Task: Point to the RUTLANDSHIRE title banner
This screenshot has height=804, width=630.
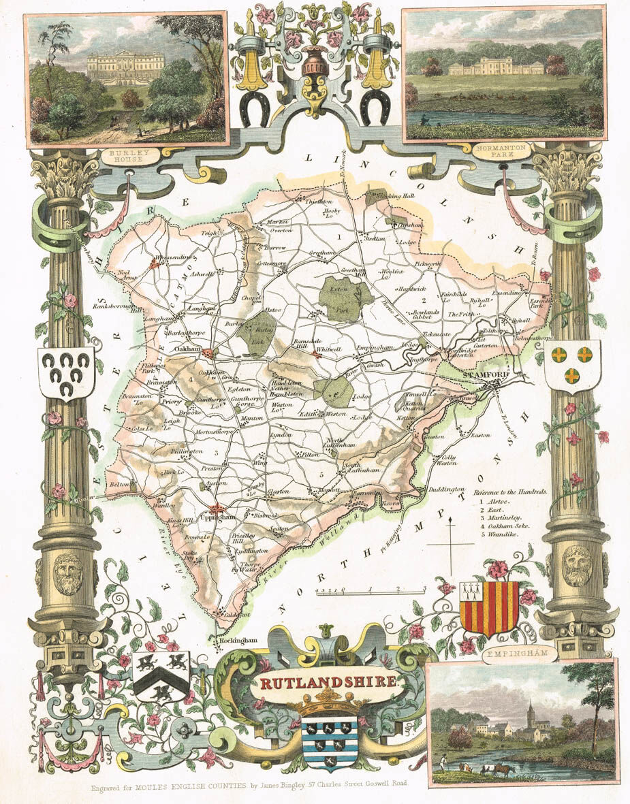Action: coord(326,681)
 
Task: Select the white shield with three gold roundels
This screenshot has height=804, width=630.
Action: coord(572,366)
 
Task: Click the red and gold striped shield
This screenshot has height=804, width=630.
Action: coord(489,607)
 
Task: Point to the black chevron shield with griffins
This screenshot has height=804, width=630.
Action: coord(161,673)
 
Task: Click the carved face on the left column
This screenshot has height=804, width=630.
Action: coord(67,573)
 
